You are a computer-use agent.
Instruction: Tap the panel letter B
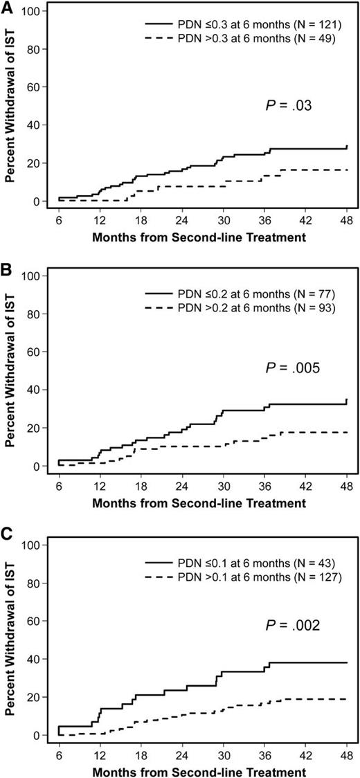7,266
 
